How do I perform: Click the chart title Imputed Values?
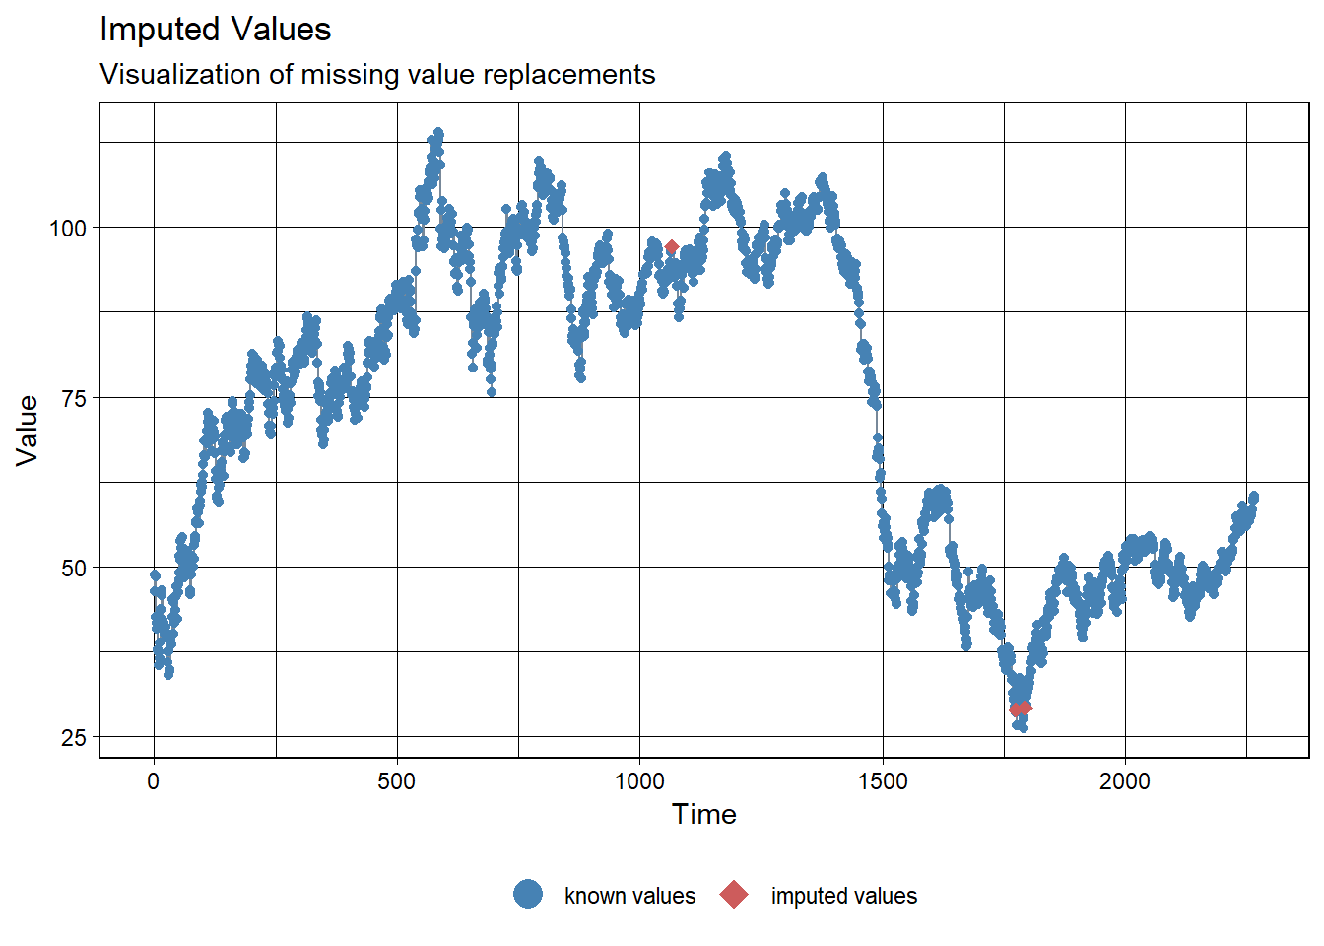215,30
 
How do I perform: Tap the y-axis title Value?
28,430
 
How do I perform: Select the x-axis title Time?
703,814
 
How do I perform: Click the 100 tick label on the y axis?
68,229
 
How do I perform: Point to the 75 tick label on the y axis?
74,398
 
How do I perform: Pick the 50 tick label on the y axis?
74,569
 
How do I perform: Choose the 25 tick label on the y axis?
74,738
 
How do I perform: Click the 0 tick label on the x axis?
153,781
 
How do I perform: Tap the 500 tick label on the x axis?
397,781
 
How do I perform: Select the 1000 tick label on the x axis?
639,781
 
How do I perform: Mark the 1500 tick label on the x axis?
883,781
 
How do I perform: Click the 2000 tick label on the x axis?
1125,781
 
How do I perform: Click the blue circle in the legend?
528,895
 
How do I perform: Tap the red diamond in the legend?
734,895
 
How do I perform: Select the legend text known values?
629,896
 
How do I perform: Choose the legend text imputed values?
843,896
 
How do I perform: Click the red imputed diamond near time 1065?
671,247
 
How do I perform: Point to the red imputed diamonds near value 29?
1021,709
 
